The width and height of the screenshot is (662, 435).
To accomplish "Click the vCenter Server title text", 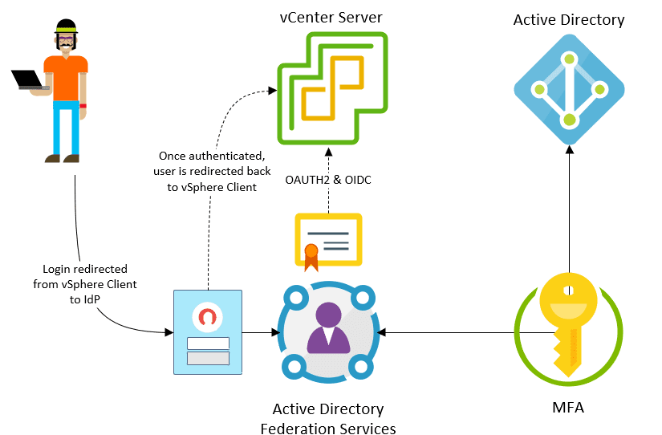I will tap(331, 17).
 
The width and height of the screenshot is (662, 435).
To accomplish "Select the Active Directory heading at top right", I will tap(569, 20).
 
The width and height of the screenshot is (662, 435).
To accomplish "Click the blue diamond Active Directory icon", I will tap(569, 90).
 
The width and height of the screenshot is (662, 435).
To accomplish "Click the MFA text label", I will tap(568, 408).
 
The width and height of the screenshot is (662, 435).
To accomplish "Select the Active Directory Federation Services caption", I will tap(328, 419).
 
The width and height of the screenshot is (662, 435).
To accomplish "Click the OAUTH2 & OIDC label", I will tap(328, 179).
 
